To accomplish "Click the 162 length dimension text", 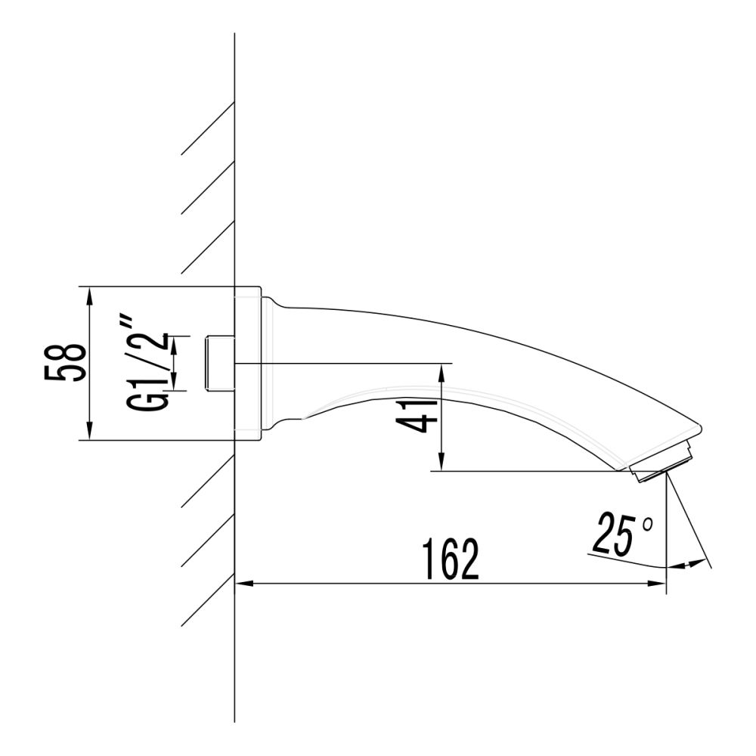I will pos(451,559).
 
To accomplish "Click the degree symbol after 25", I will pos(647,522).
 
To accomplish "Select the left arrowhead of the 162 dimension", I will pos(243,584).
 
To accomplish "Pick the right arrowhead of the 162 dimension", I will pos(658,584).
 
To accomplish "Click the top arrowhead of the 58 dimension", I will pos(90,295).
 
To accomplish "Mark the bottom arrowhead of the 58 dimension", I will pos(90,432).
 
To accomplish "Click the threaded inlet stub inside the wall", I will pos(219,363).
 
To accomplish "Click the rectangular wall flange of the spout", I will pos(248,363).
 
